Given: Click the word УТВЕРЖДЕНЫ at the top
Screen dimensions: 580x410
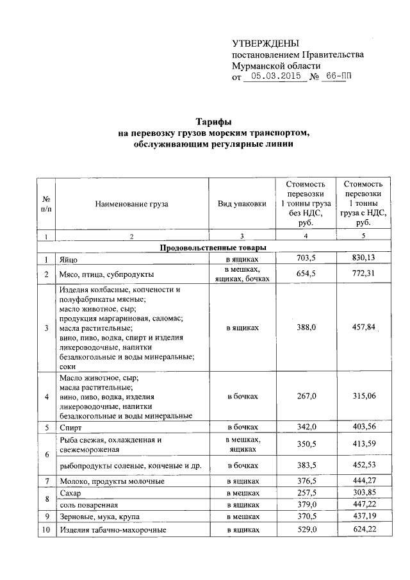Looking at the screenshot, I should point(265,44).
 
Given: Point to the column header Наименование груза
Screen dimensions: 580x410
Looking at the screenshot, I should point(131,204).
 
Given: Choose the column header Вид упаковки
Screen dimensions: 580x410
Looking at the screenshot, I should point(242,204).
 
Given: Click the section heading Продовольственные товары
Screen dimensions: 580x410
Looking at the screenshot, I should point(213,247).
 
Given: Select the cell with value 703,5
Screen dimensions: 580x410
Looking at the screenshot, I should point(305,258).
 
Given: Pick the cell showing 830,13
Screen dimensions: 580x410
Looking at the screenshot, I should point(363,258).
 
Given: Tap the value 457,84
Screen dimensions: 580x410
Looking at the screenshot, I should point(363,327).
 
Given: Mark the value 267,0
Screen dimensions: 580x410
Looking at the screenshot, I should point(305,396).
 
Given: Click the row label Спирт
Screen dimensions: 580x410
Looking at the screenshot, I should point(70,427).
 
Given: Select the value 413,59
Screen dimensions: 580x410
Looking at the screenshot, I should point(363,443).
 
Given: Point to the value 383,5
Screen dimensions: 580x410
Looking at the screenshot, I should point(305,466).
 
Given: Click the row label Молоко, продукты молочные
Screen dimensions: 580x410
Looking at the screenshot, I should point(112,481).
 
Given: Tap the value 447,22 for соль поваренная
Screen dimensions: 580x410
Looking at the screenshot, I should point(363,505).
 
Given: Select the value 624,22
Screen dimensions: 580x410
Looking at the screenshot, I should point(363,531).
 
